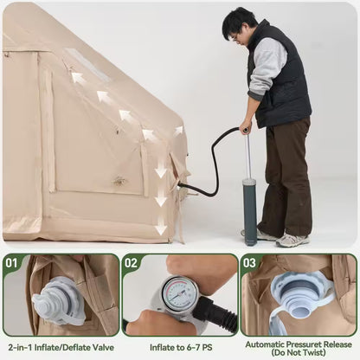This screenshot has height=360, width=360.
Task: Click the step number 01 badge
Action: click(x=12, y=263)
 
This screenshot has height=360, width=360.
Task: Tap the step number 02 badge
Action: click(x=131, y=263)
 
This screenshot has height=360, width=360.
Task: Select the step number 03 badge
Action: click(x=250, y=263)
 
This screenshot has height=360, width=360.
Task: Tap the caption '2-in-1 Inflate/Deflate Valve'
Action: click(x=61, y=347)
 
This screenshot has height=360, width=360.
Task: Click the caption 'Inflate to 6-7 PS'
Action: click(x=181, y=347)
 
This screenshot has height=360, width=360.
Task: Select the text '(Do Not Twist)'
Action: click(x=299, y=352)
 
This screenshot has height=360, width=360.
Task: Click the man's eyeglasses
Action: click(x=235, y=37)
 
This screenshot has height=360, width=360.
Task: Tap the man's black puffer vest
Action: click(x=281, y=78)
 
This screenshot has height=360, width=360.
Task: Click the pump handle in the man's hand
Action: click(x=246, y=130)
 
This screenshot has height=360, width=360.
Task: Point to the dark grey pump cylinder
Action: click(x=249, y=210)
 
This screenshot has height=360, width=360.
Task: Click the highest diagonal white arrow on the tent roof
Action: click(x=78, y=77)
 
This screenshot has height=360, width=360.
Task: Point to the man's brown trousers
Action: click(x=288, y=176)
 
